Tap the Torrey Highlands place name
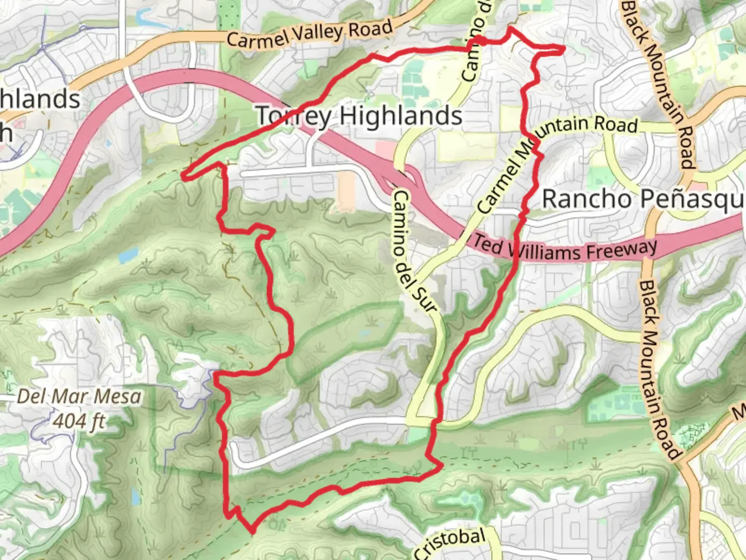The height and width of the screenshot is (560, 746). click(x=359, y=116)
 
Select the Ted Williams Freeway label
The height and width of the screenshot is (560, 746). click(x=565, y=249)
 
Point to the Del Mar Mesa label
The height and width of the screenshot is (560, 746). click(x=79, y=397)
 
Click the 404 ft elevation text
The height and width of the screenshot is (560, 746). click(x=79, y=421)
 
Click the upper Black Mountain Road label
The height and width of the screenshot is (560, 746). click(x=658, y=83)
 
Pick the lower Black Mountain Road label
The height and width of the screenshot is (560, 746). click(x=658, y=371)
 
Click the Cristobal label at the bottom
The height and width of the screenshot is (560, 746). click(x=451, y=542)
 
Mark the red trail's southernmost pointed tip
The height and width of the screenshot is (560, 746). click(x=252, y=531)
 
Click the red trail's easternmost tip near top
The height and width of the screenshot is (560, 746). click(x=563, y=49)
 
